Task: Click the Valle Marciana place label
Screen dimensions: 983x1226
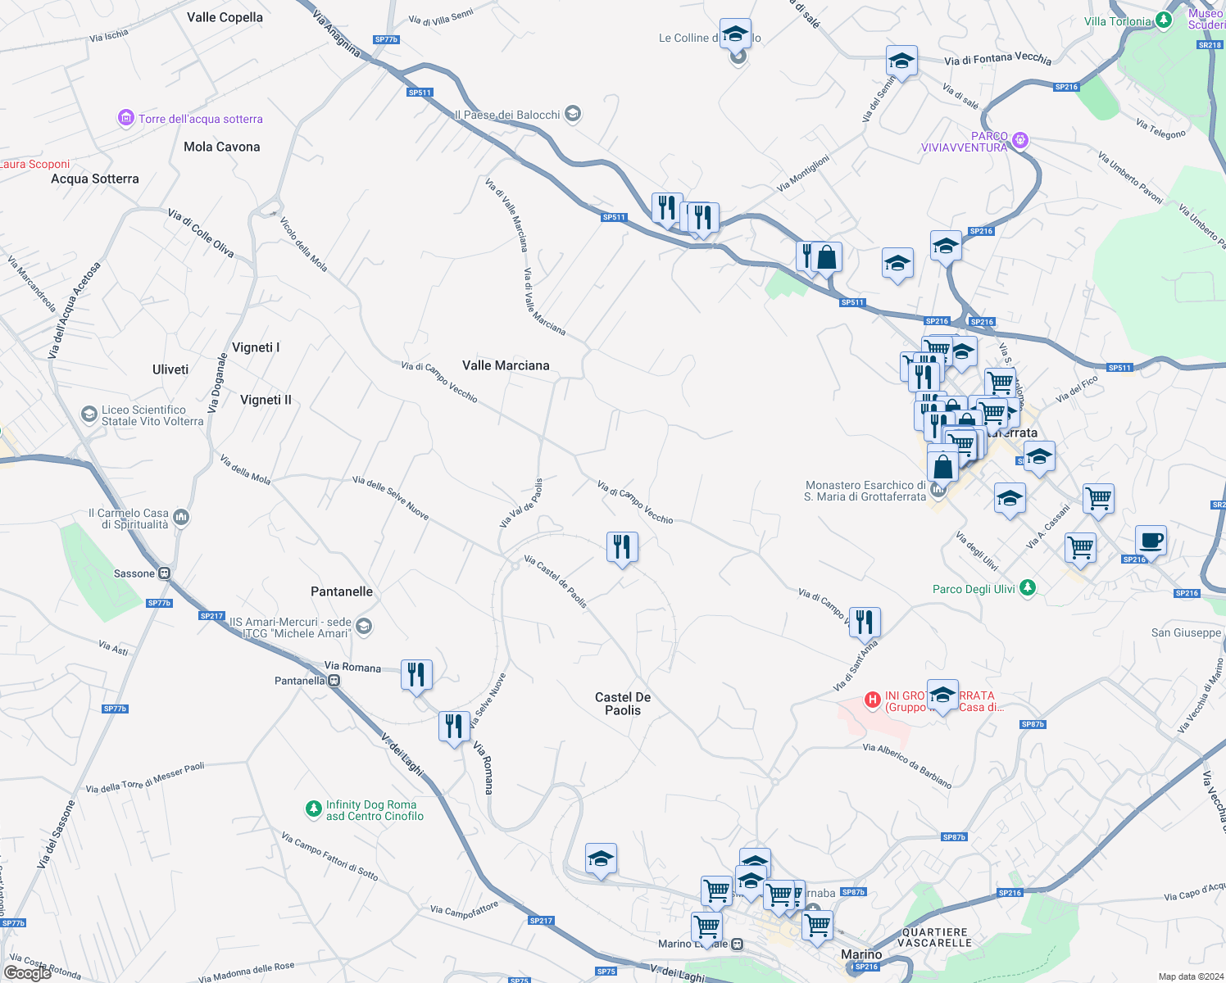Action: [506, 365]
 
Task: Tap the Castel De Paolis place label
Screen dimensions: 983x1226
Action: [623, 704]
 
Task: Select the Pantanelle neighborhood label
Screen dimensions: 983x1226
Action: [342, 591]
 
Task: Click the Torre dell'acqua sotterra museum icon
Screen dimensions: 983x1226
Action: [125, 119]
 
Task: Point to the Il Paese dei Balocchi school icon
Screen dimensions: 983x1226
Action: [573, 114]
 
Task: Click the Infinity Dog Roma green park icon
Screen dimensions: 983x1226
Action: [313, 809]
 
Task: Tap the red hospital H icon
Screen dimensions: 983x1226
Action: [873, 700]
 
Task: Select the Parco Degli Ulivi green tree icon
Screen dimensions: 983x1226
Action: [1028, 588]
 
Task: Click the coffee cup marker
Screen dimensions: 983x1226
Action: [1151, 541]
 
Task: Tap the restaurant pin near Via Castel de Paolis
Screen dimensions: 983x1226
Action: [622, 546]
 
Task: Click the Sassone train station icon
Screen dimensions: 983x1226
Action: [165, 573]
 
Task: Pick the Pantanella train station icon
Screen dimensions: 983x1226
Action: [334, 681]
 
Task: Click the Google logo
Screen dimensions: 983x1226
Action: [27, 972]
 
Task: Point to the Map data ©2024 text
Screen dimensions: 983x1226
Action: [1190, 976]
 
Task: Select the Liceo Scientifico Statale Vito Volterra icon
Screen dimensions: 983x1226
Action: [89, 414]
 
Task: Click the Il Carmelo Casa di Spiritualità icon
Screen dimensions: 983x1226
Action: [181, 517]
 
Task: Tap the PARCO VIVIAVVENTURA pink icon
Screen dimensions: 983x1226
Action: [1019, 140]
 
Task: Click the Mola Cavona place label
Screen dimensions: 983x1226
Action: [221, 147]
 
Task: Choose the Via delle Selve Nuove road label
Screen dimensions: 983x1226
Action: [391, 497]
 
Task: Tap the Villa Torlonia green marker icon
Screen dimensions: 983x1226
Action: [1164, 21]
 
